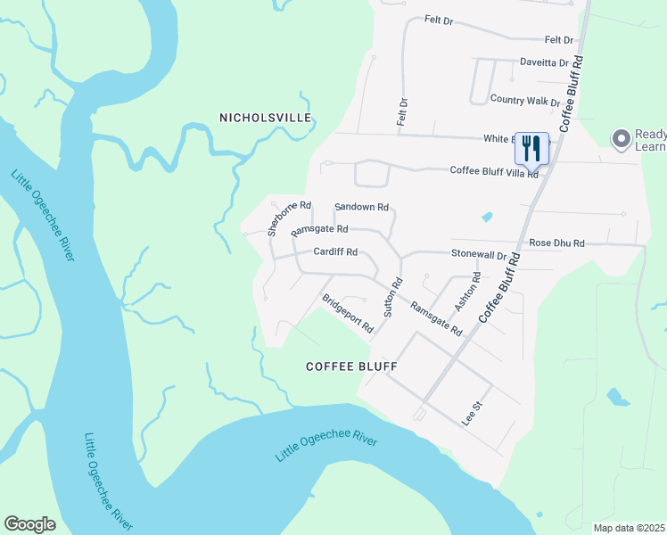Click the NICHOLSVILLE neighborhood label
pyautogui.click(x=266, y=118)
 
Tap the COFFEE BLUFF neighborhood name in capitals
pyautogui.click(x=350, y=366)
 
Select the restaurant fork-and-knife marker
pyautogui.click(x=531, y=148)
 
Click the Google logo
pyautogui.click(x=29, y=523)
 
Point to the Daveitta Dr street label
pyautogui.click(x=544, y=63)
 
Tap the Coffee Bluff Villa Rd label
pyautogui.click(x=494, y=171)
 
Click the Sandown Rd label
pyautogui.click(x=361, y=207)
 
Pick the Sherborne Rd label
pyautogui.click(x=290, y=218)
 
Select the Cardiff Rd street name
pyautogui.click(x=334, y=252)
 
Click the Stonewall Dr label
pyautogui.click(x=478, y=255)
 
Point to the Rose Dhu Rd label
pyautogui.click(x=556, y=243)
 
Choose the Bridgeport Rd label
pyautogui.click(x=347, y=313)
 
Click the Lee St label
pyautogui.click(x=472, y=415)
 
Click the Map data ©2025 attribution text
pyautogui.click(x=629, y=528)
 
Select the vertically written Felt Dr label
pyautogui.click(x=402, y=111)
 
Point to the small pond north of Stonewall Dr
pyautogui.click(x=487, y=217)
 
